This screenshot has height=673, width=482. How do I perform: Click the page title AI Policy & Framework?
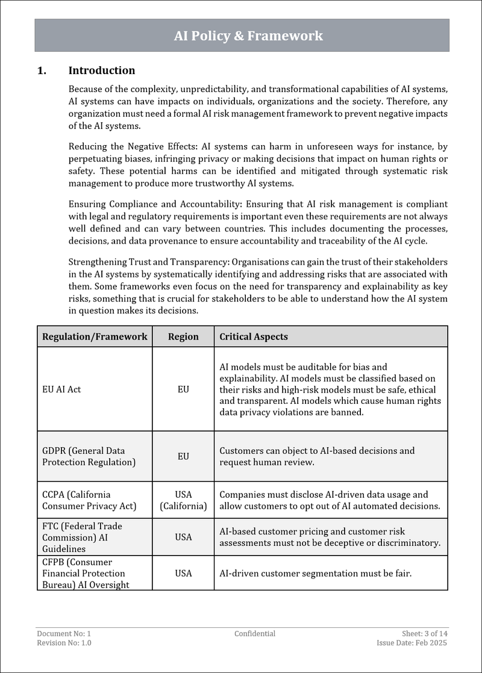248,36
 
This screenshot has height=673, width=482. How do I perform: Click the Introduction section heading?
101,70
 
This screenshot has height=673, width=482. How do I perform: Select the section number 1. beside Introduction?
42,70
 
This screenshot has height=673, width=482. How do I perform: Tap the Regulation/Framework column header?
95,336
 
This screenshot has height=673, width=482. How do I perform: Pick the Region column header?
183,336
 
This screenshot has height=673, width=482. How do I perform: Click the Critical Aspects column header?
254,336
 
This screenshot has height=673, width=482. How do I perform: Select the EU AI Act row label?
61,389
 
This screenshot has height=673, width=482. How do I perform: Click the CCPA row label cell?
89,500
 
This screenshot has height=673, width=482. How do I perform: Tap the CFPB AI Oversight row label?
86,573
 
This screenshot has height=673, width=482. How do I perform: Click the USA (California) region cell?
183,500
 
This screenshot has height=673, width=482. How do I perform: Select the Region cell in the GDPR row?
183,456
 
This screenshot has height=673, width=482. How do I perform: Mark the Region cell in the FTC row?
183,537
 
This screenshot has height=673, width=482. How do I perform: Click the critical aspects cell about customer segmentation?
315,573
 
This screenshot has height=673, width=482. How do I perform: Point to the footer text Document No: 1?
64,633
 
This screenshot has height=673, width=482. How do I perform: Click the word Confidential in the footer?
255,633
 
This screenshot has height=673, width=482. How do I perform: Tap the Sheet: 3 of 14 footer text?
425,633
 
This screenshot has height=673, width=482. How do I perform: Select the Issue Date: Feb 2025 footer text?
412,643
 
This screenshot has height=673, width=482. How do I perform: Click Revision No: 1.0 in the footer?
64,643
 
